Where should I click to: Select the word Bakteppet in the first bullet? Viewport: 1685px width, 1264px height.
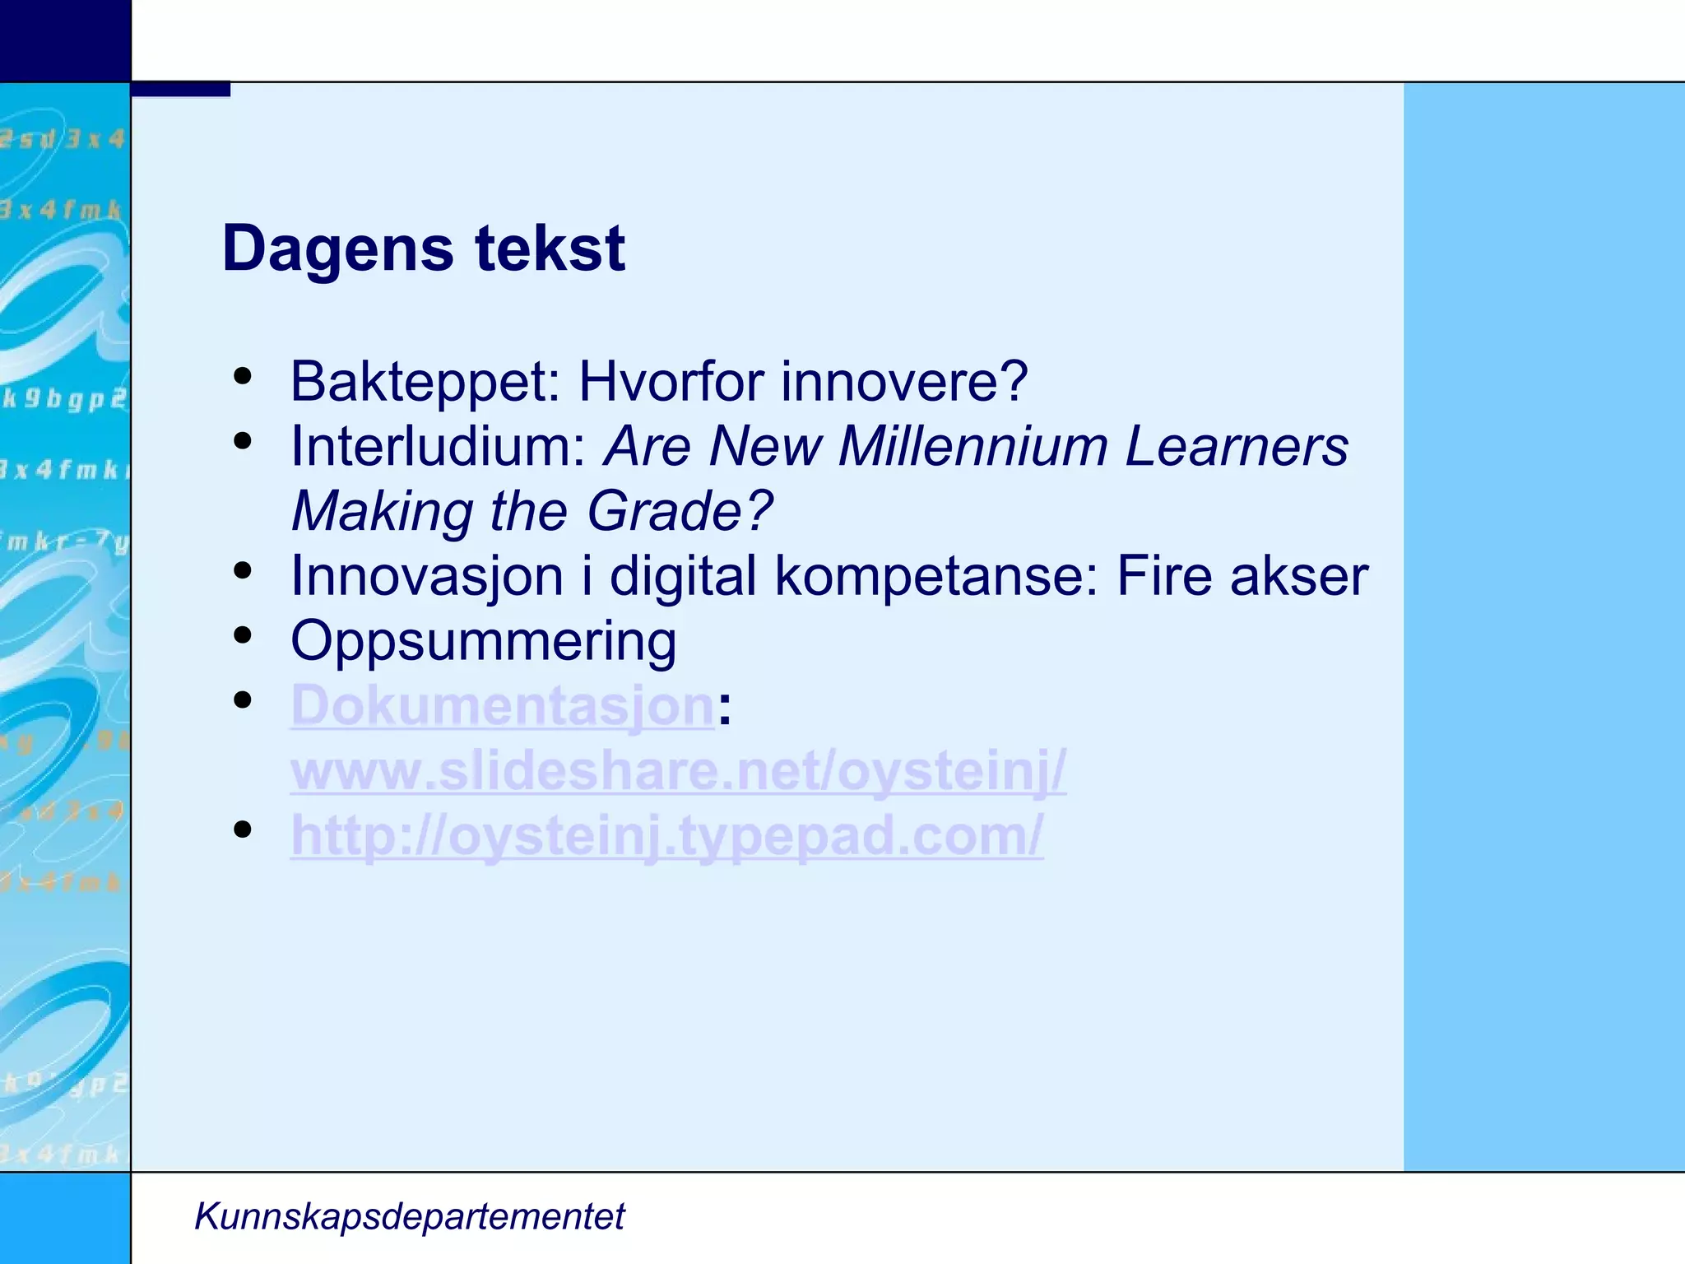(425, 382)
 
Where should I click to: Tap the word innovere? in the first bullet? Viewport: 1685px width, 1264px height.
(904, 382)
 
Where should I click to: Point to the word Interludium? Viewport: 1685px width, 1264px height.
(437, 447)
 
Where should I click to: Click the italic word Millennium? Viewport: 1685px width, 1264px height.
(972, 447)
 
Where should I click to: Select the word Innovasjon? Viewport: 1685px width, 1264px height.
(427, 576)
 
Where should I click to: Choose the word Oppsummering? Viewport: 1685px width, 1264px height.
(484, 642)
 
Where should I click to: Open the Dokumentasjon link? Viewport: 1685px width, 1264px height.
(502, 706)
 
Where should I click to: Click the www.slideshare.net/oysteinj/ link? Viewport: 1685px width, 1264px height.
(678, 771)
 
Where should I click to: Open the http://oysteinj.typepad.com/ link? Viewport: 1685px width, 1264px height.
(666, 836)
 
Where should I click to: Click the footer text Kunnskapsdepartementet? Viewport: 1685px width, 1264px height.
(409, 1216)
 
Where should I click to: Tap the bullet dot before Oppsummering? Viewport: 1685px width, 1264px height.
(242, 634)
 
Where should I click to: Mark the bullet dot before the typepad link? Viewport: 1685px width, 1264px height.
(242, 829)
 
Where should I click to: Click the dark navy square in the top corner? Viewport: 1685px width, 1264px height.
(65, 40)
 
